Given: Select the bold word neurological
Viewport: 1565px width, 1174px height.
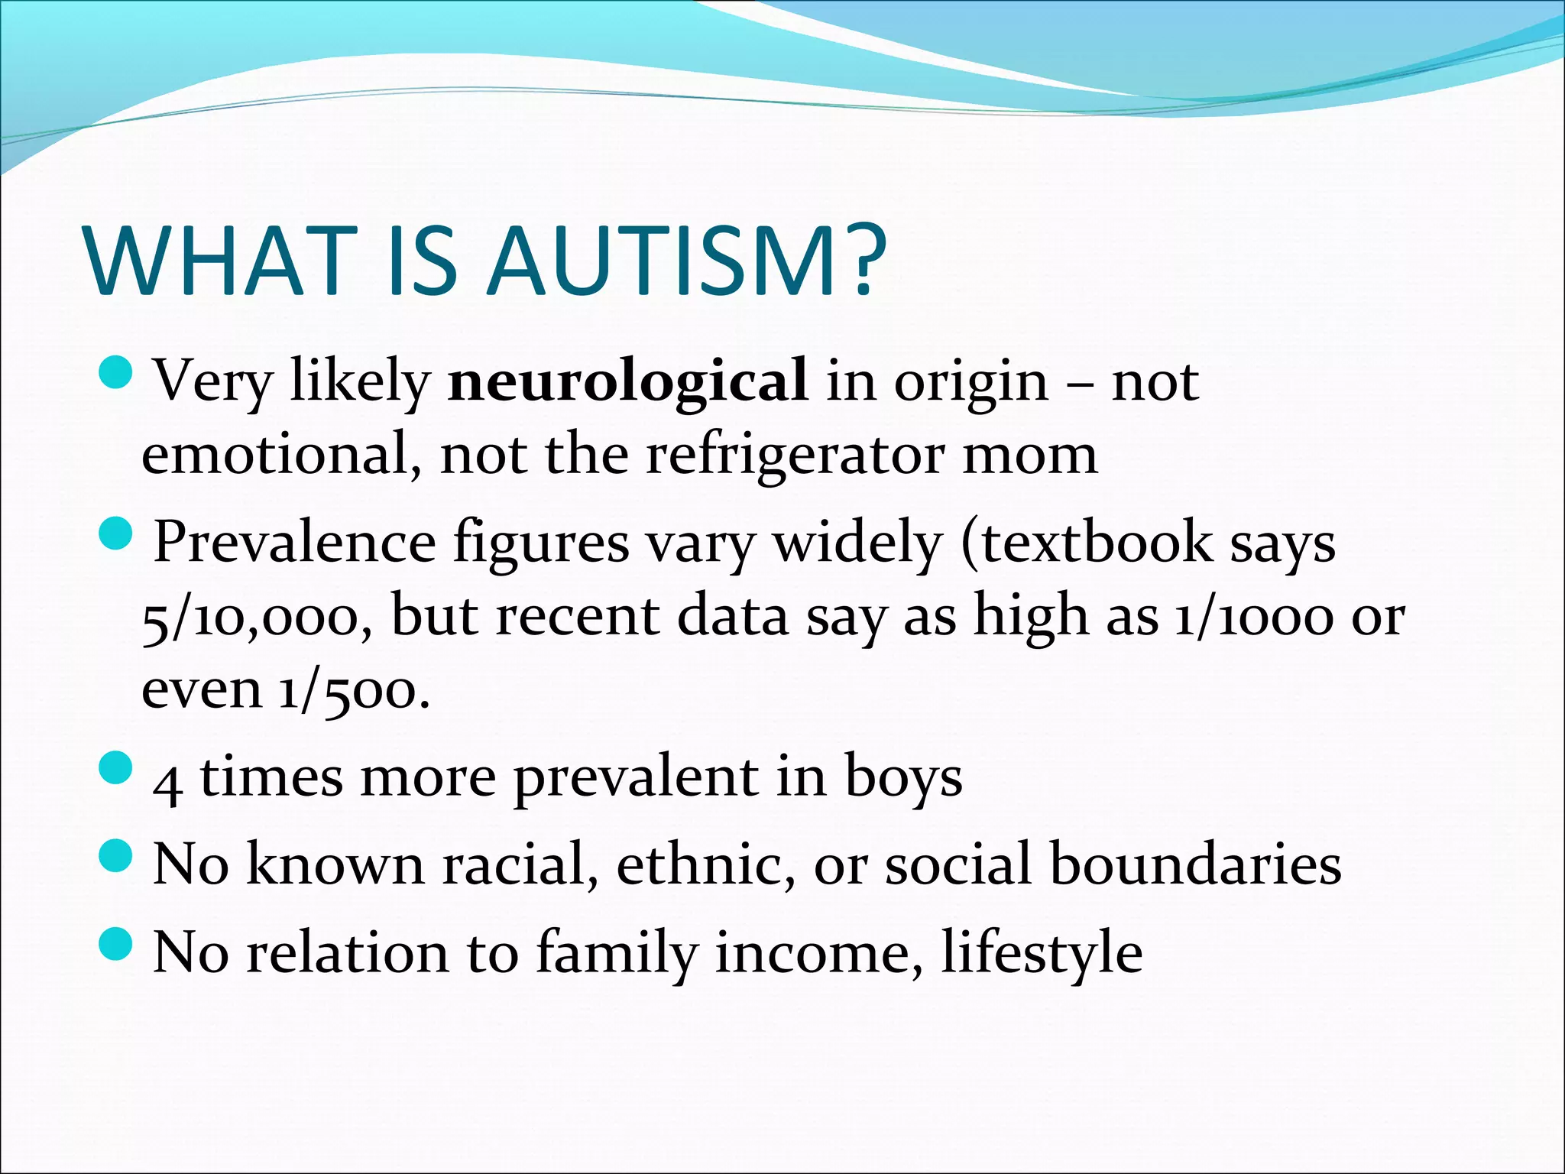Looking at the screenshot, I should pyautogui.click(x=627, y=380).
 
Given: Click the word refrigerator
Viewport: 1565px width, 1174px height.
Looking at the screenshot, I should pyautogui.click(x=794, y=455).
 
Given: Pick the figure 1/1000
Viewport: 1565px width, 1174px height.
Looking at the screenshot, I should pyautogui.click(x=1253, y=617).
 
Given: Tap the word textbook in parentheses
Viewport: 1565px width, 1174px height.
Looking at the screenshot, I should pyautogui.click(x=1096, y=543).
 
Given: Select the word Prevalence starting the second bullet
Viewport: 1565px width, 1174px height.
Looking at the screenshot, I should pyautogui.click(x=294, y=543).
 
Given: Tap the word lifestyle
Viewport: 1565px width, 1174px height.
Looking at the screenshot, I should pyautogui.click(x=1042, y=953).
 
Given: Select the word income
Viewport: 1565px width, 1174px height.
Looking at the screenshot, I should pyautogui.click(x=817, y=953).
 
